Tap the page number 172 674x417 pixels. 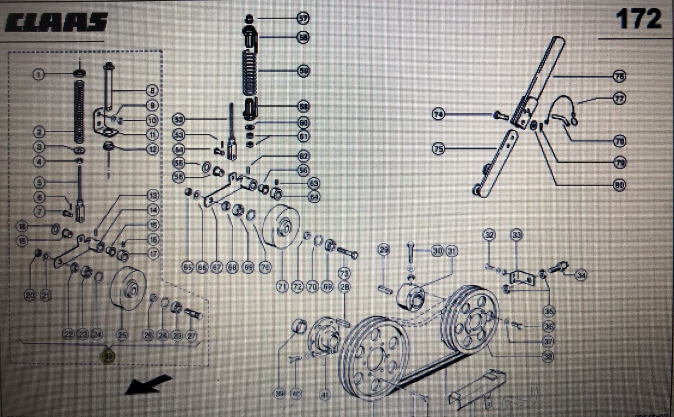638,20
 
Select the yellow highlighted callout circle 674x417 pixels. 108,356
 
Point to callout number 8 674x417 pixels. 152,91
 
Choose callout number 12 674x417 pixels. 152,149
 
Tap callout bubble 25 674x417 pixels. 122,335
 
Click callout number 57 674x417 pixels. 303,19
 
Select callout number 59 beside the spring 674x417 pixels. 304,72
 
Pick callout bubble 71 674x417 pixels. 282,286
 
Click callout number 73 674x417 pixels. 344,272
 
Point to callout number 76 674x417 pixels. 619,76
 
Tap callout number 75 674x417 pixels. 439,149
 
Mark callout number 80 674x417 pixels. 619,184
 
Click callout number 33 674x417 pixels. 516,235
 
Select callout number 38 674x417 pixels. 548,357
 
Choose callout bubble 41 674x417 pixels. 325,395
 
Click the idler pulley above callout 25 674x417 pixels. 127,288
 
